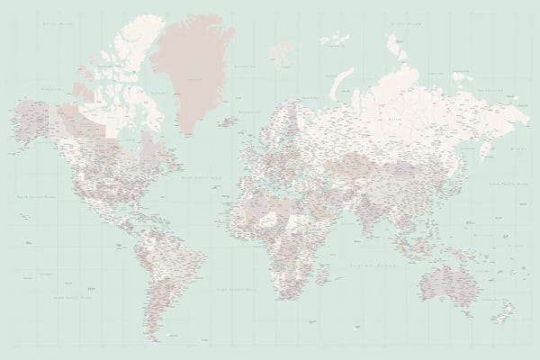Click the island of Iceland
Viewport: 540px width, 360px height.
pos(228,120)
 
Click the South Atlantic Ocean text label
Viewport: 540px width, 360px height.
pos(236,288)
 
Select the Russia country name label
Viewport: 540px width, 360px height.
pos(396,117)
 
